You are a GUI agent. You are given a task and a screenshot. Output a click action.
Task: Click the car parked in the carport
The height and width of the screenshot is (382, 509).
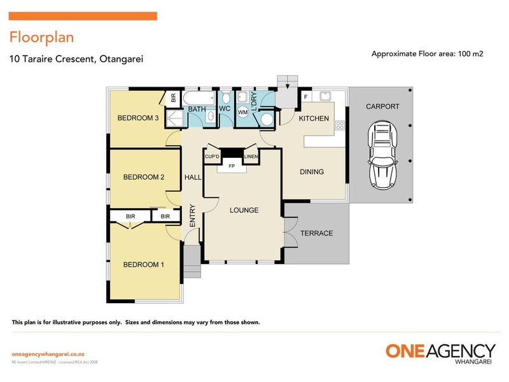point(382,155)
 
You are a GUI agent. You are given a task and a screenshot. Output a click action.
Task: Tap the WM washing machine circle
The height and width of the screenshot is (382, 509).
point(243,113)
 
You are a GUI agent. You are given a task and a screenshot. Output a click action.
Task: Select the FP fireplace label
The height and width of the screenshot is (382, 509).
point(232,166)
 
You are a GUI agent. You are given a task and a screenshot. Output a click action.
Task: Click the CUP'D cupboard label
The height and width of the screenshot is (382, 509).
point(212,157)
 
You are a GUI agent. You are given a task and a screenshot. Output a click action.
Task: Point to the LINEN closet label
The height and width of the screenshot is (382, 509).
point(251,157)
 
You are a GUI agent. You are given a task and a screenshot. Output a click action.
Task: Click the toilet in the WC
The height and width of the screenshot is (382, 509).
point(227,97)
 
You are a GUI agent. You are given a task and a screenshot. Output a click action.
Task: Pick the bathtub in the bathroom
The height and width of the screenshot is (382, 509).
point(199,98)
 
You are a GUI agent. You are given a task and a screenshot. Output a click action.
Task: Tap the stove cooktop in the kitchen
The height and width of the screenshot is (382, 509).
point(340,125)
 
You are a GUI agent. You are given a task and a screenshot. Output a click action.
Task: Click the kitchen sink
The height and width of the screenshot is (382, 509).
point(325,96)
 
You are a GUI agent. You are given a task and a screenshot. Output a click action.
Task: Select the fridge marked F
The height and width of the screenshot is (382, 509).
point(306,97)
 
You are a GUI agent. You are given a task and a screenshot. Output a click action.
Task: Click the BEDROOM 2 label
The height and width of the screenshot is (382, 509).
point(144,177)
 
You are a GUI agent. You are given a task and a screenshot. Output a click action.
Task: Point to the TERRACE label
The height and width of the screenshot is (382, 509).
point(316,233)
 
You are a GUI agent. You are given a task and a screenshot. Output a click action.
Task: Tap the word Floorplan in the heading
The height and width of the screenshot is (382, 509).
point(41,38)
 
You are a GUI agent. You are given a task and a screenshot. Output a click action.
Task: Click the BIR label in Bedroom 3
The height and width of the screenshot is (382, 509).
point(173,97)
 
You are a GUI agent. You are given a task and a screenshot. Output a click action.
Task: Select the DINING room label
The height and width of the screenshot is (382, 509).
point(312,171)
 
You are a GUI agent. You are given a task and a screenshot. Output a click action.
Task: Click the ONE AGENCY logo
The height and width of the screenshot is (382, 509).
point(440,353)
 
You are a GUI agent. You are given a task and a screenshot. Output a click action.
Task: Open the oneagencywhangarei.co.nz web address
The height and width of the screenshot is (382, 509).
point(48,354)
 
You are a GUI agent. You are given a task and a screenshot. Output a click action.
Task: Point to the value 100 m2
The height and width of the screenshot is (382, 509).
point(470,53)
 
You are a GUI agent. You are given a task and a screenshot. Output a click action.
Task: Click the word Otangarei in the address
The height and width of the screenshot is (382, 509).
point(121,59)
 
